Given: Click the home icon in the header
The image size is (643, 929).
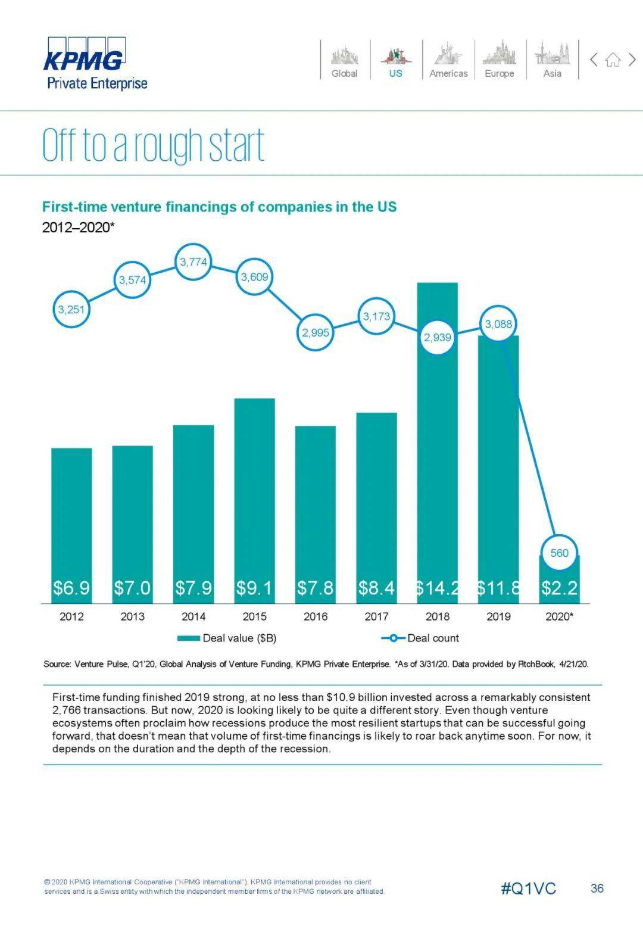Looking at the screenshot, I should point(613,60).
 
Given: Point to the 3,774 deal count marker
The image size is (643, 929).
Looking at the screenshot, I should point(193,261).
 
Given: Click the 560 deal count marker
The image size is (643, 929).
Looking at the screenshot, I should point(559,553).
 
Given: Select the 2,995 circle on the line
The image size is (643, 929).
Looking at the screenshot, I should point(315,332).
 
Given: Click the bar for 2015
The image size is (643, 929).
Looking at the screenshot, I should point(255,488).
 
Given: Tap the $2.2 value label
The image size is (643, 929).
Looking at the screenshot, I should point(559,588).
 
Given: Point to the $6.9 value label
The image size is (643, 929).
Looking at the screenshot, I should point(71,588).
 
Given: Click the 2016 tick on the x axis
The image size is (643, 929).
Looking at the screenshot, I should point(316,616).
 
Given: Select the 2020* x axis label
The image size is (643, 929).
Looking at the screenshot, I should point(559,616).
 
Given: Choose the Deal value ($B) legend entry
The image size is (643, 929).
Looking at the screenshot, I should point(227,638).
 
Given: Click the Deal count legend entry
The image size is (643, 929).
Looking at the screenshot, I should point(421,638).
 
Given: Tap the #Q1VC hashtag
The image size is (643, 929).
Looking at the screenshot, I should point(528,889).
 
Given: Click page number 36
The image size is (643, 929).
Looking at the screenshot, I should point(597,889).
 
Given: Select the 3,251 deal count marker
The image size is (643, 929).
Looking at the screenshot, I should point(71,309).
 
